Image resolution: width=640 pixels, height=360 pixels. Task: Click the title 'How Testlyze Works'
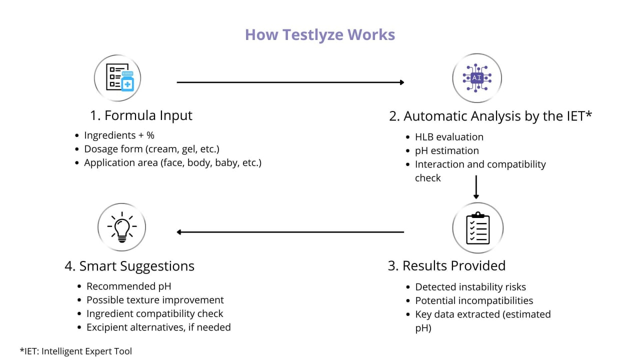320,35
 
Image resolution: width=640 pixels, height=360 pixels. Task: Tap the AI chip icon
477,78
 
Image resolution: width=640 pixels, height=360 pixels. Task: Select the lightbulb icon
122,227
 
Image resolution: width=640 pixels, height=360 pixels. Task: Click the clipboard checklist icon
477,228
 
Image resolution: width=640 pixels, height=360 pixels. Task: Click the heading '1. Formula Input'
141,115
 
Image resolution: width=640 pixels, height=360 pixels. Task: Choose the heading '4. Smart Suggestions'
129,266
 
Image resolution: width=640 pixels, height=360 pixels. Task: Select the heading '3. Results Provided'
446,265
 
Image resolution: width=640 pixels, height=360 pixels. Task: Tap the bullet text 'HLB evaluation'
449,137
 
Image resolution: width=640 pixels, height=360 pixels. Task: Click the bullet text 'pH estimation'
447,151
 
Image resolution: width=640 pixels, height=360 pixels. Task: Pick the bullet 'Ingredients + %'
119,135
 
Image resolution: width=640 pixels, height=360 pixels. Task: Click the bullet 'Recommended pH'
129,286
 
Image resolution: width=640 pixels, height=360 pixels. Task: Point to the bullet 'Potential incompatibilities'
474,300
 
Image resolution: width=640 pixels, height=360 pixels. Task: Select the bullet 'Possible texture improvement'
155,300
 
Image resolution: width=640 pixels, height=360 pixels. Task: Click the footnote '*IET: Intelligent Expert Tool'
76,351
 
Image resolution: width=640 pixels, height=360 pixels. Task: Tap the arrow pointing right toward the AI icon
290,82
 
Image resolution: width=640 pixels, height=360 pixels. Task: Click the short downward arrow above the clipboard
476,187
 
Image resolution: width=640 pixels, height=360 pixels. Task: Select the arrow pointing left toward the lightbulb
290,232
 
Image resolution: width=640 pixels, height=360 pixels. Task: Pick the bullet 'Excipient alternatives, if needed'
158,327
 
